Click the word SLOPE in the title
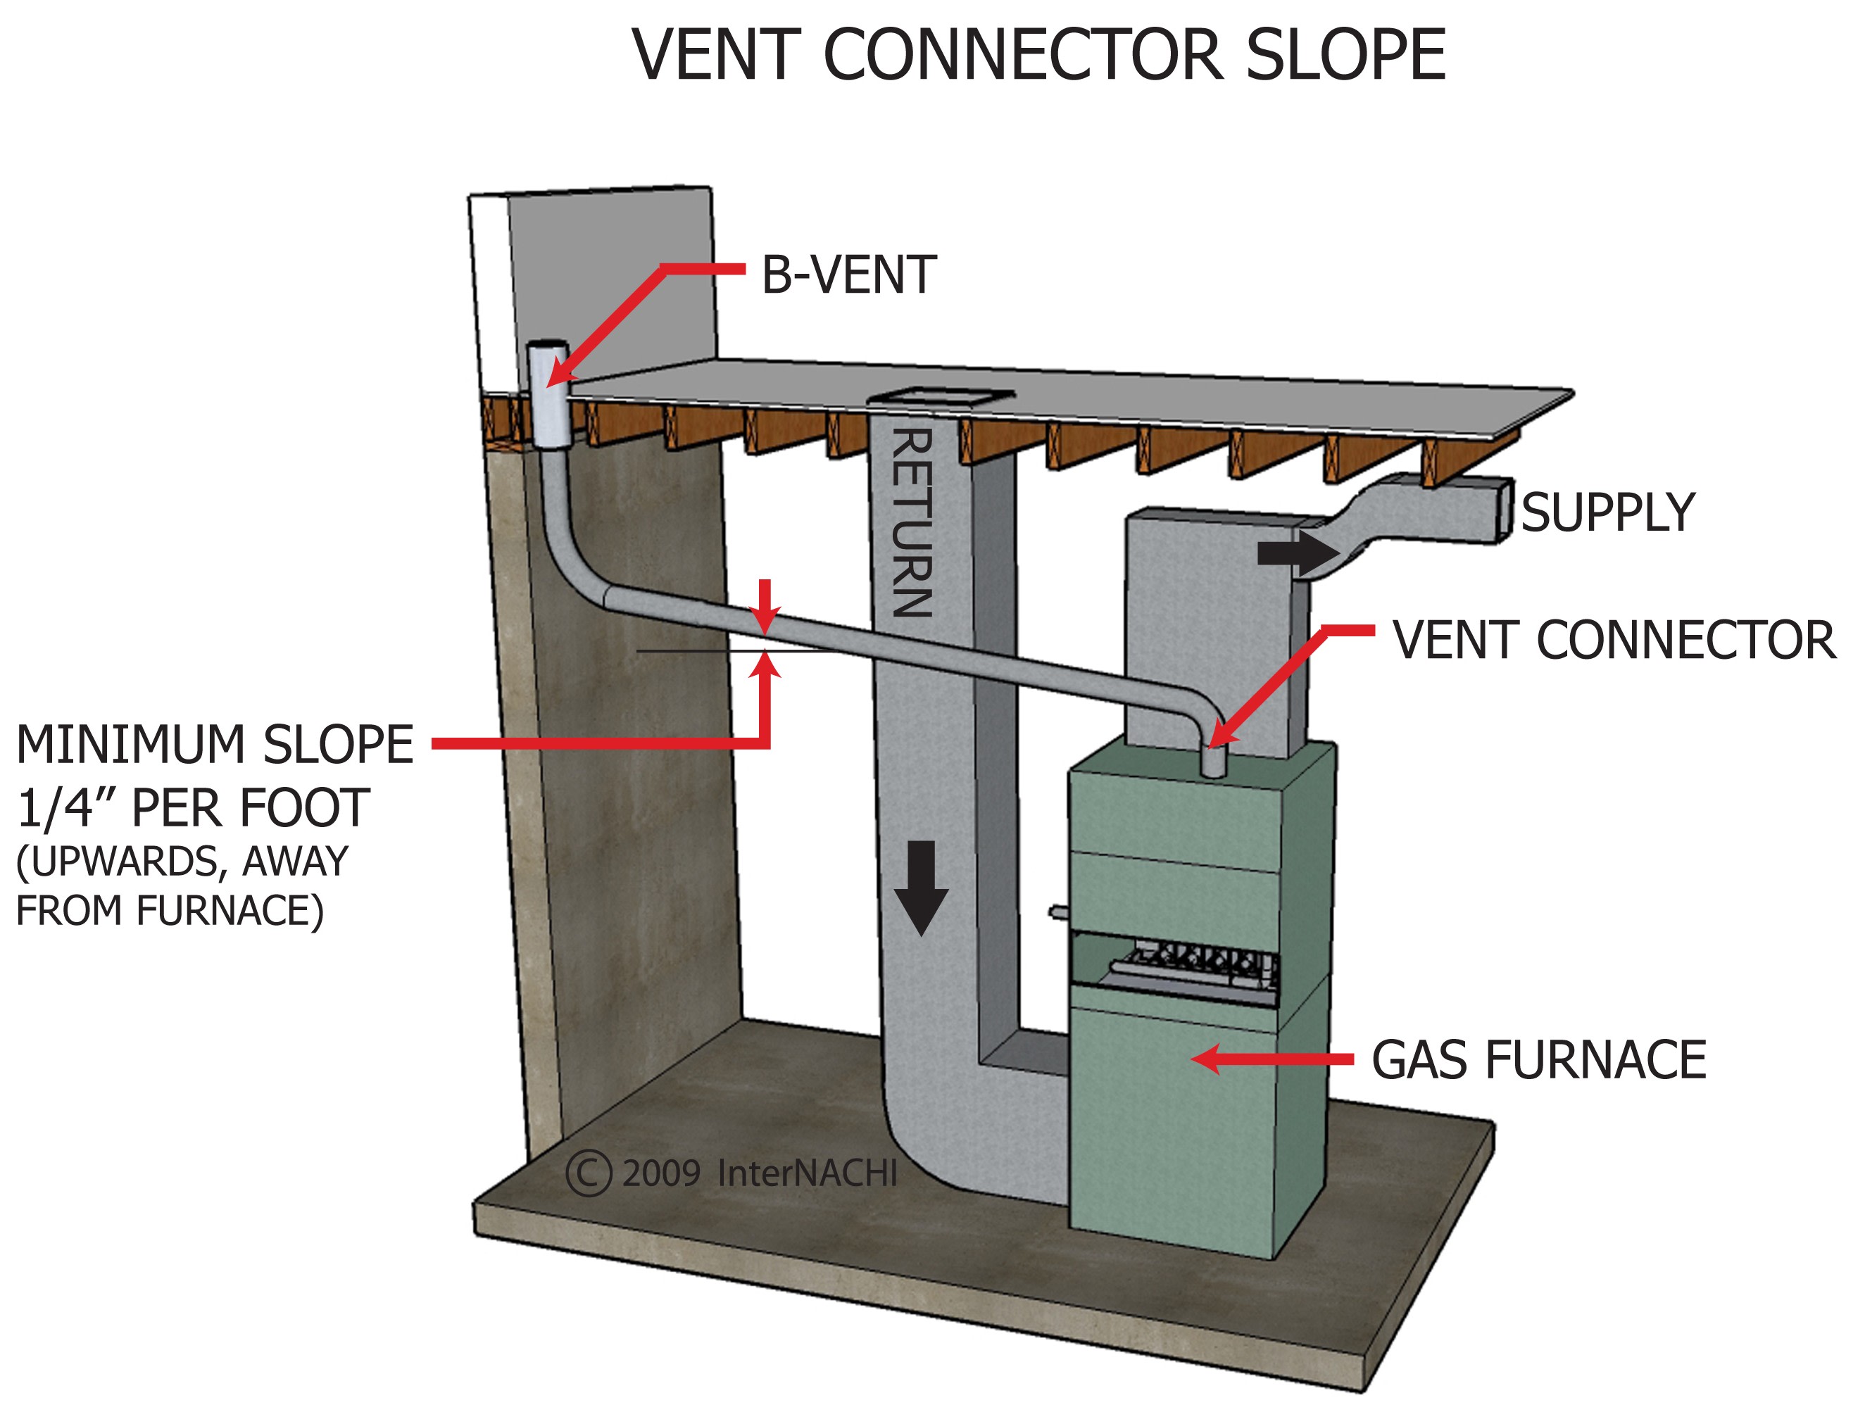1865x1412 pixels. [x=1345, y=55]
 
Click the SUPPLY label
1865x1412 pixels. [x=1607, y=512]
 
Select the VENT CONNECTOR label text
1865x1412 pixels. [x=1614, y=640]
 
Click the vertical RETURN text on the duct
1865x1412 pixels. [x=912, y=523]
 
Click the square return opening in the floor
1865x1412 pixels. [x=941, y=394]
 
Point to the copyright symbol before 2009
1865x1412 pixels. [x=588, y=1173]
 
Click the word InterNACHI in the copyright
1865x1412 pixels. [x=807, y=1173]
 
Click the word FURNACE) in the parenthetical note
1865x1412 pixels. [x=230, y=910]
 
